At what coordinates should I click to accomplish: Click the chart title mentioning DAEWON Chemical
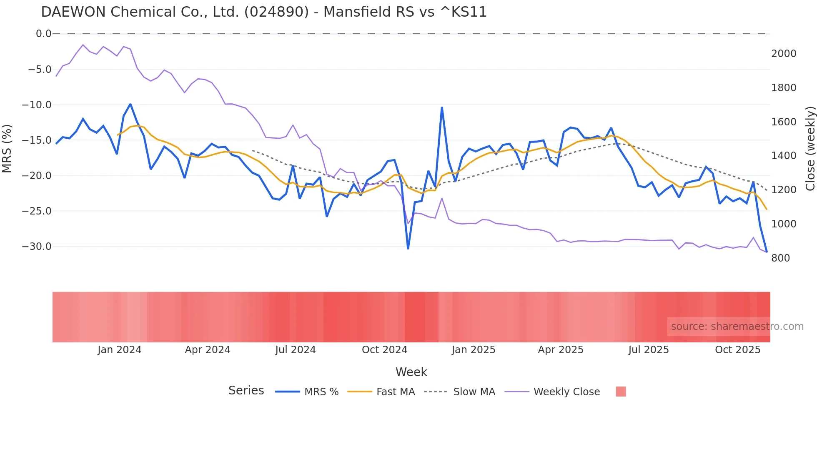(263, 12)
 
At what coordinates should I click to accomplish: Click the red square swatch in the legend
(621, 392)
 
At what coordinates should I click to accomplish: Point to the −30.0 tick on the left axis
(37, 247)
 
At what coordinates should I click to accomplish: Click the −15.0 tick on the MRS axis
(37, 140)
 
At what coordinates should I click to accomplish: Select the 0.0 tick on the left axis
(43, 34)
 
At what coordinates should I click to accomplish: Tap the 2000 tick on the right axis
(784, 54)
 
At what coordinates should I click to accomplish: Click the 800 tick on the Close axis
(780, 258)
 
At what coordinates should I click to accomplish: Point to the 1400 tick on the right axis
(784, 156)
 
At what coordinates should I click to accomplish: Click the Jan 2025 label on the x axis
(473, 350)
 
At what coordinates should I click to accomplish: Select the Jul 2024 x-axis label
(295, 350)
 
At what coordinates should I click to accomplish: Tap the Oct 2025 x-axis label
(737, 350)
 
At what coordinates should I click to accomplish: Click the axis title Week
(411, 372)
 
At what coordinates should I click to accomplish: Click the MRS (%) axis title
(7, 148)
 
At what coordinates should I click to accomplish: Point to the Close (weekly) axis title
(810, 148)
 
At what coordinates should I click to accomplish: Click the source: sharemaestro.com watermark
(737, 327)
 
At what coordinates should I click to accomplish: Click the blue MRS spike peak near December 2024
(442, 107)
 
